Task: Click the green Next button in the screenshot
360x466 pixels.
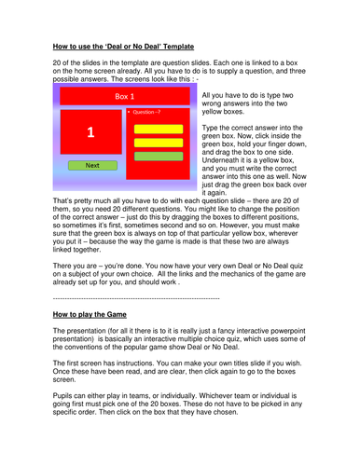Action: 91,165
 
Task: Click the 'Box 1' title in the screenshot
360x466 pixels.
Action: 124,96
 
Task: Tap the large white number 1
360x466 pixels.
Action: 90,133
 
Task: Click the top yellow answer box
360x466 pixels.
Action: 159,128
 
